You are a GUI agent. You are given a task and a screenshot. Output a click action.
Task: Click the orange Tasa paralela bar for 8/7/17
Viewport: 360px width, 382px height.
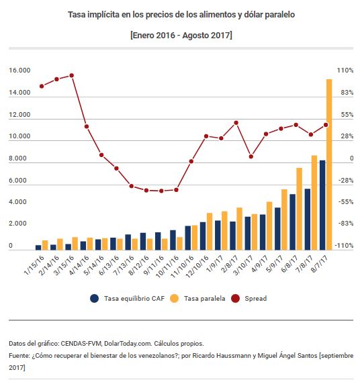click(329, 164)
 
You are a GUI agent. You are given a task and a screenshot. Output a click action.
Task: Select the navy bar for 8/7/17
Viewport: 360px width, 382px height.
click(322, 205)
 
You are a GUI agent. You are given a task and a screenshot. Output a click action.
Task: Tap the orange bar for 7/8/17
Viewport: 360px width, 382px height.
click(314, 203)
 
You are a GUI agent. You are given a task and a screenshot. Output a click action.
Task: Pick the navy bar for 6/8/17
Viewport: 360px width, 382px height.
click(292, 222)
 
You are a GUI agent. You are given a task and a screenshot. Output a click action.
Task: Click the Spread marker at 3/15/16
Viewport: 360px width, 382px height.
click(72, 75)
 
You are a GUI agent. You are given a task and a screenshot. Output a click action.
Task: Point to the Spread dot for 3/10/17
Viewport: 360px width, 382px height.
click(251, 156)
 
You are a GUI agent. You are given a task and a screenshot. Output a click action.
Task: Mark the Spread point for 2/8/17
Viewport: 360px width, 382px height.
click(236, 123)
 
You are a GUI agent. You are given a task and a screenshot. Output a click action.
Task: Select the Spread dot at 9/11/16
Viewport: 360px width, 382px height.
click(161, 191)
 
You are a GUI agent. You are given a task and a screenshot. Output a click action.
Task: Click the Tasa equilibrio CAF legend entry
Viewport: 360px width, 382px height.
click(127, 299)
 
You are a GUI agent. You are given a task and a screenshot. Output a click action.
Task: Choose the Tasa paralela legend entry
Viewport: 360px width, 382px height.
click(197, 299)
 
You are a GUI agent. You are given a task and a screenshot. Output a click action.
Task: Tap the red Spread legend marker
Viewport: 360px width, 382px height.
click(236, 299)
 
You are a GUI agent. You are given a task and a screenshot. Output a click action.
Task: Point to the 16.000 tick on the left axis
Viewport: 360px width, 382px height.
click(19, 70)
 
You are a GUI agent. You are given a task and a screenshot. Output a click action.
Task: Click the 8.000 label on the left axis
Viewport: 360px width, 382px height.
click(17, 158)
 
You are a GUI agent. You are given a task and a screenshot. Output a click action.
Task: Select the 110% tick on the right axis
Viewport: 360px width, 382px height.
click(345, 70)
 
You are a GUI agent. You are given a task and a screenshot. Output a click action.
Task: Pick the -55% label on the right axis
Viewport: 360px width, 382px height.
click(346, 202)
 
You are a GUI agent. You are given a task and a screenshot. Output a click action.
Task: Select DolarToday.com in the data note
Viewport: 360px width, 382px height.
click(128, 344)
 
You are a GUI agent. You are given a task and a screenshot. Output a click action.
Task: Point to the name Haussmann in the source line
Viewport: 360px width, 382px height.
click(234, 356)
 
